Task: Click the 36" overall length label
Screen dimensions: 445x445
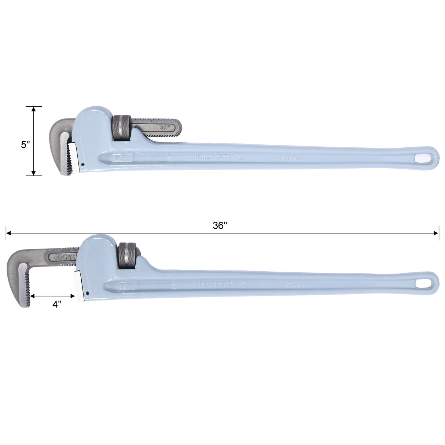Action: [x=220, y=226]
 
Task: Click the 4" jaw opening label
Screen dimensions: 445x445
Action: [x=56, y=304]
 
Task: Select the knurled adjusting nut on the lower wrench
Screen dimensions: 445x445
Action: [x=126, y=254]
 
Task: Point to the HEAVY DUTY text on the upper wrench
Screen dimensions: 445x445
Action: [x=213, y=158]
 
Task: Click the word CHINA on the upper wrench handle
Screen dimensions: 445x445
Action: [x=292, y=159]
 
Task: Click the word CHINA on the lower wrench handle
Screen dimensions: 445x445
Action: [x=296, y=285]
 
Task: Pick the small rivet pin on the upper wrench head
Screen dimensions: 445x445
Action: [x=84, y=164]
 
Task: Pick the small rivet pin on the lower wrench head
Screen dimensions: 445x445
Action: [x=88, y=293]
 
